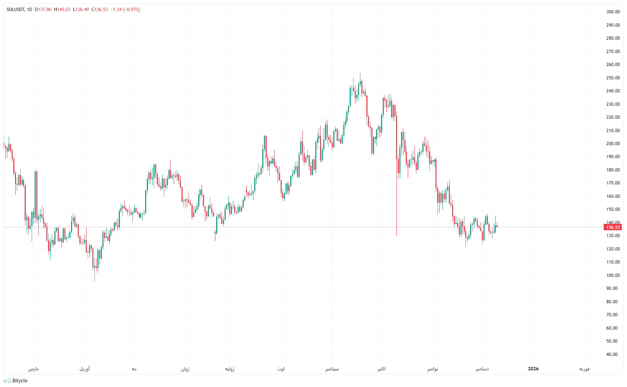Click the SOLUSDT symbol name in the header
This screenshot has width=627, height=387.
point(15,9)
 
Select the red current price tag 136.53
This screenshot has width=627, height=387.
point(613,227)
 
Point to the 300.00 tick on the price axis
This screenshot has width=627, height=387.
point(613,12)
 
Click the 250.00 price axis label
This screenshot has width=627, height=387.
point(613,78)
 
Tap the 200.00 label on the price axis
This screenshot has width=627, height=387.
point(613,143)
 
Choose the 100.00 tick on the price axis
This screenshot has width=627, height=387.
point(613,275)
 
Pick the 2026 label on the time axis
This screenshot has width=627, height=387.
point(533,369)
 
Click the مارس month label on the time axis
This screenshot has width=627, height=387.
point(33,369)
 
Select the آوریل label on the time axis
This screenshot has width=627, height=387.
point(85,369)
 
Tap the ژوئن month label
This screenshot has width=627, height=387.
point(185,369)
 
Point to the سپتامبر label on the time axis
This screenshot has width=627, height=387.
point(332,369)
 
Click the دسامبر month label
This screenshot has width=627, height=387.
point(482,369)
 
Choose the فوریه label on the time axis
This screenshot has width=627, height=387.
point(584,369)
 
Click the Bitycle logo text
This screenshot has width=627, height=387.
point(20,381)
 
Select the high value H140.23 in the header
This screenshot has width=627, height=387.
point(62,9)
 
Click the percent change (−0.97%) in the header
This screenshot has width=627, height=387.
point(131,9)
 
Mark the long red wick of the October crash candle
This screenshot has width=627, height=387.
point(396,200)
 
